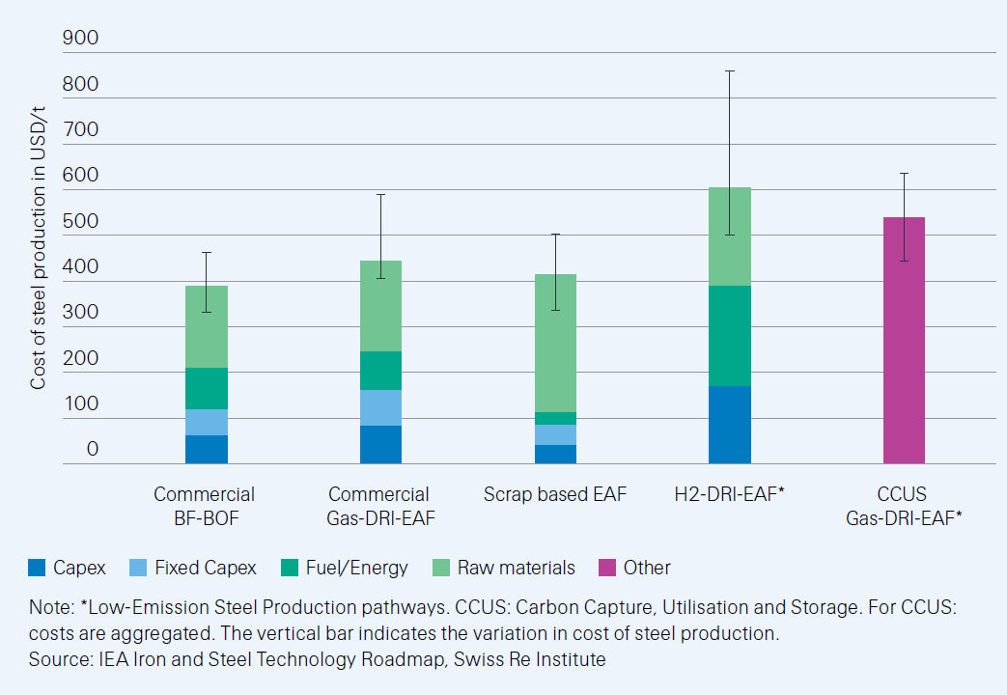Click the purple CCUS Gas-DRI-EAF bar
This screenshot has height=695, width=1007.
tap(904, 340)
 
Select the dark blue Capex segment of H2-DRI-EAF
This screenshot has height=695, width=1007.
tap(729, 425)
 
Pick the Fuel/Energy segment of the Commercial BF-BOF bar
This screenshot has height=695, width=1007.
tap(207, 388)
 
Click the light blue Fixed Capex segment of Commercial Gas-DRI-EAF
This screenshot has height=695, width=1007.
tap(380, 407)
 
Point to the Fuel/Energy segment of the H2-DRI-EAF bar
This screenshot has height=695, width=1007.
tap(729, 335)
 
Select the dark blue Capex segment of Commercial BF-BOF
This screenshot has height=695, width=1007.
tap(207, 449)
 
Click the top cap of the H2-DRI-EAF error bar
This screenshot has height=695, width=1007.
tap(729, 70)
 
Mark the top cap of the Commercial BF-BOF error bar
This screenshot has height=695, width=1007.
tap(207, 252)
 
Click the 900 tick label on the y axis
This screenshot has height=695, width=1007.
tap(80, 38)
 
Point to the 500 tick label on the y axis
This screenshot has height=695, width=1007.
tap(80, 221)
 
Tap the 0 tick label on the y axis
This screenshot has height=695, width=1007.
tap(92, 449)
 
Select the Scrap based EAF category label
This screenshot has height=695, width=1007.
tap(555, 494)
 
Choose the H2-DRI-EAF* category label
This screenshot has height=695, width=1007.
tap(729, 494)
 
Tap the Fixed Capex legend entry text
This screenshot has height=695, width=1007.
tap(205, 568)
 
